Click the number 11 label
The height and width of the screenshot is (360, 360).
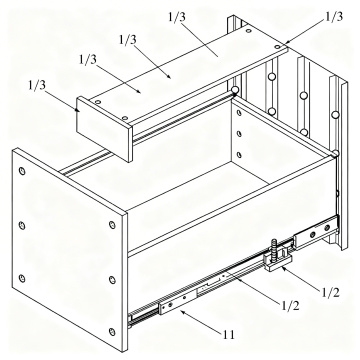point(229,334)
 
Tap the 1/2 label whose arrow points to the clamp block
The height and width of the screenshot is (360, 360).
point(330,292)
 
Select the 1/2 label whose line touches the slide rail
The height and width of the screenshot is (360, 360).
point(290,305)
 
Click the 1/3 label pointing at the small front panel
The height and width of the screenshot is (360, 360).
point(37,85)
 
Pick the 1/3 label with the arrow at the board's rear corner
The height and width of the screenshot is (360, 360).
point(334,17)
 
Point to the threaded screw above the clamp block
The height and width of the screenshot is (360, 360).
point(276,247)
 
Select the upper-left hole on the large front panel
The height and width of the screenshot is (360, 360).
point(22,171)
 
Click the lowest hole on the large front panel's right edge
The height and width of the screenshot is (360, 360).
point(112,332)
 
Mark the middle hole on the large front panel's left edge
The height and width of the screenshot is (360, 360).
point(22,225)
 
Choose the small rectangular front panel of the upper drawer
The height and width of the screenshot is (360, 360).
point(105,129)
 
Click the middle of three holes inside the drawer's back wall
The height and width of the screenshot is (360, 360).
point(239,134)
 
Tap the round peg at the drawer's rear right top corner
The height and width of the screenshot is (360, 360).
point(335,154)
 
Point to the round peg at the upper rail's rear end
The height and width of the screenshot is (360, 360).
point(235,90)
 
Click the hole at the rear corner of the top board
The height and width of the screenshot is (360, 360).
point(278,46)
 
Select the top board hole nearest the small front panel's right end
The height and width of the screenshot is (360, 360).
point(125,118)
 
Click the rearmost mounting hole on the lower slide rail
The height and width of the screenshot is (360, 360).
point(327,228)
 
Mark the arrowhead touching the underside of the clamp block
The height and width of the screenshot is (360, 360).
point(284,268)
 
